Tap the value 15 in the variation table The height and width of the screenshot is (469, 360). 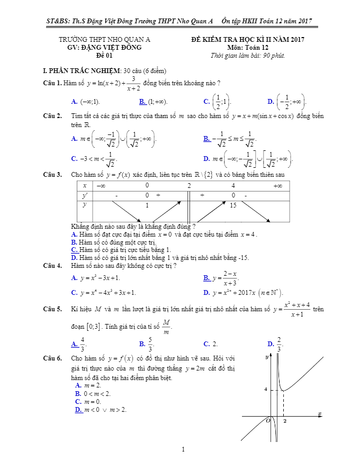(x=233, y=205)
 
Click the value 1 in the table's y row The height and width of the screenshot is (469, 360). (x=147, y=205)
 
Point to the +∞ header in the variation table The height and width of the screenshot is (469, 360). (x=277, y=186)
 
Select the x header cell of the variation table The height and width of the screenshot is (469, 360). (x=84, y=186)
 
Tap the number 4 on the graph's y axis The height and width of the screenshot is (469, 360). (x=266, y=389)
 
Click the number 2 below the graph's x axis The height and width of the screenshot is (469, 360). (x=285, y=421)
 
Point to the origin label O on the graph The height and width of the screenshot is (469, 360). (x=268, y=421)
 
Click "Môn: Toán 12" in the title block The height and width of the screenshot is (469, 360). (x=248, y=47)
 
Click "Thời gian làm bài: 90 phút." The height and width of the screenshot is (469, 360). (x=247, y=55)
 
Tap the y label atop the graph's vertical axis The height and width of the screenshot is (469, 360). (x=267, y=358)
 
